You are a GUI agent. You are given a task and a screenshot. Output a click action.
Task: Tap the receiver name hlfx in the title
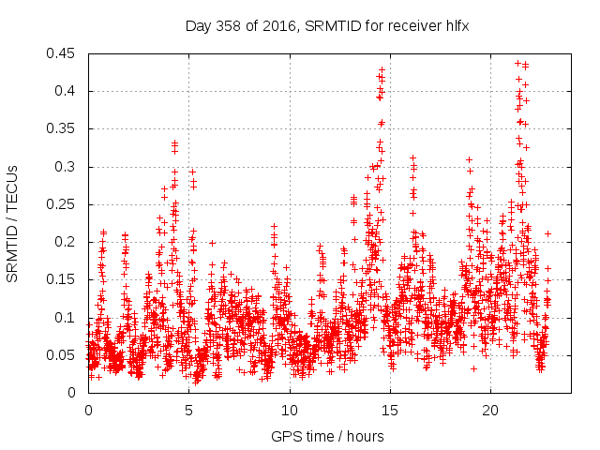point(455,27)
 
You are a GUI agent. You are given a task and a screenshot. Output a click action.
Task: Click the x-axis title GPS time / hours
point(327,436)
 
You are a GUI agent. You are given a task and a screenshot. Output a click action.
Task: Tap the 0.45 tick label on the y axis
point(65,53)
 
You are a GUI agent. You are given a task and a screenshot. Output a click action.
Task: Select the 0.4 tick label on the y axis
point(68,91)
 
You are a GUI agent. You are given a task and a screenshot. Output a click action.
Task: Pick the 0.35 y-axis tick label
point(65,128)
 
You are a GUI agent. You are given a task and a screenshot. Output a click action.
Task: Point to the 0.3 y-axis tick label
point(68,167)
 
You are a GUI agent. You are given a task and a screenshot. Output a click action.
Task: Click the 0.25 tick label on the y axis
point(65,204)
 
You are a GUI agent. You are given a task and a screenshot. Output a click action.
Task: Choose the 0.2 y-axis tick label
point(68,242)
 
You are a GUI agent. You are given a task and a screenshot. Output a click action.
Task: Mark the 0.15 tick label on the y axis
point(65,279)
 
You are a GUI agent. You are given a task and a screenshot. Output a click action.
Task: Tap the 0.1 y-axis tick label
point(68,317)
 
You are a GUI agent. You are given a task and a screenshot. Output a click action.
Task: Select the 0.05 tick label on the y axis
point(65,355)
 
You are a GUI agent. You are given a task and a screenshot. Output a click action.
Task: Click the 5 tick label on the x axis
point(189,411)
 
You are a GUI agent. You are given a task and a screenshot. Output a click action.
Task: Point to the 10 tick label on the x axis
point(290,411)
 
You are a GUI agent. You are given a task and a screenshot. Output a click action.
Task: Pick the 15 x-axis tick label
point(391,411)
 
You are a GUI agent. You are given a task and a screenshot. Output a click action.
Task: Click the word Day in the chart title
point(198,27)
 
